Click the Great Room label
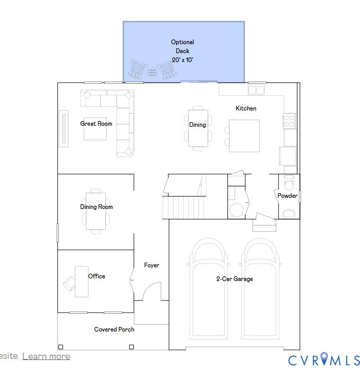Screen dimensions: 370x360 click(x=96, y=124)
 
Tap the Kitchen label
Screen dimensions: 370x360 click(x=246, y=108)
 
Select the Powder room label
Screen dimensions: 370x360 click(x=287, y=196)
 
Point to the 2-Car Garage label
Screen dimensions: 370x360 click(x=234, y=279)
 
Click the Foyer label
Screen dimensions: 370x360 click(x=152, y=265)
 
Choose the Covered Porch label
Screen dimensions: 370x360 click(x=114, y=329)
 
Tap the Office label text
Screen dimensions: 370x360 click(x=96, y=276)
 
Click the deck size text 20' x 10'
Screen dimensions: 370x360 click(x=183, y=61)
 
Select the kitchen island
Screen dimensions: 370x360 click(x=244, y=136)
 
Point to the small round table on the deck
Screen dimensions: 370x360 click(x=152, y=73)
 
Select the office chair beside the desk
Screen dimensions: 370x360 click(x=68, y=283)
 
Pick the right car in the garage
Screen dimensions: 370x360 click(x=262, y=289)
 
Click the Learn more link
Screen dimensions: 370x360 click(x=46, y=356)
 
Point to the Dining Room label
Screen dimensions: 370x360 click(x=96, y=207)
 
